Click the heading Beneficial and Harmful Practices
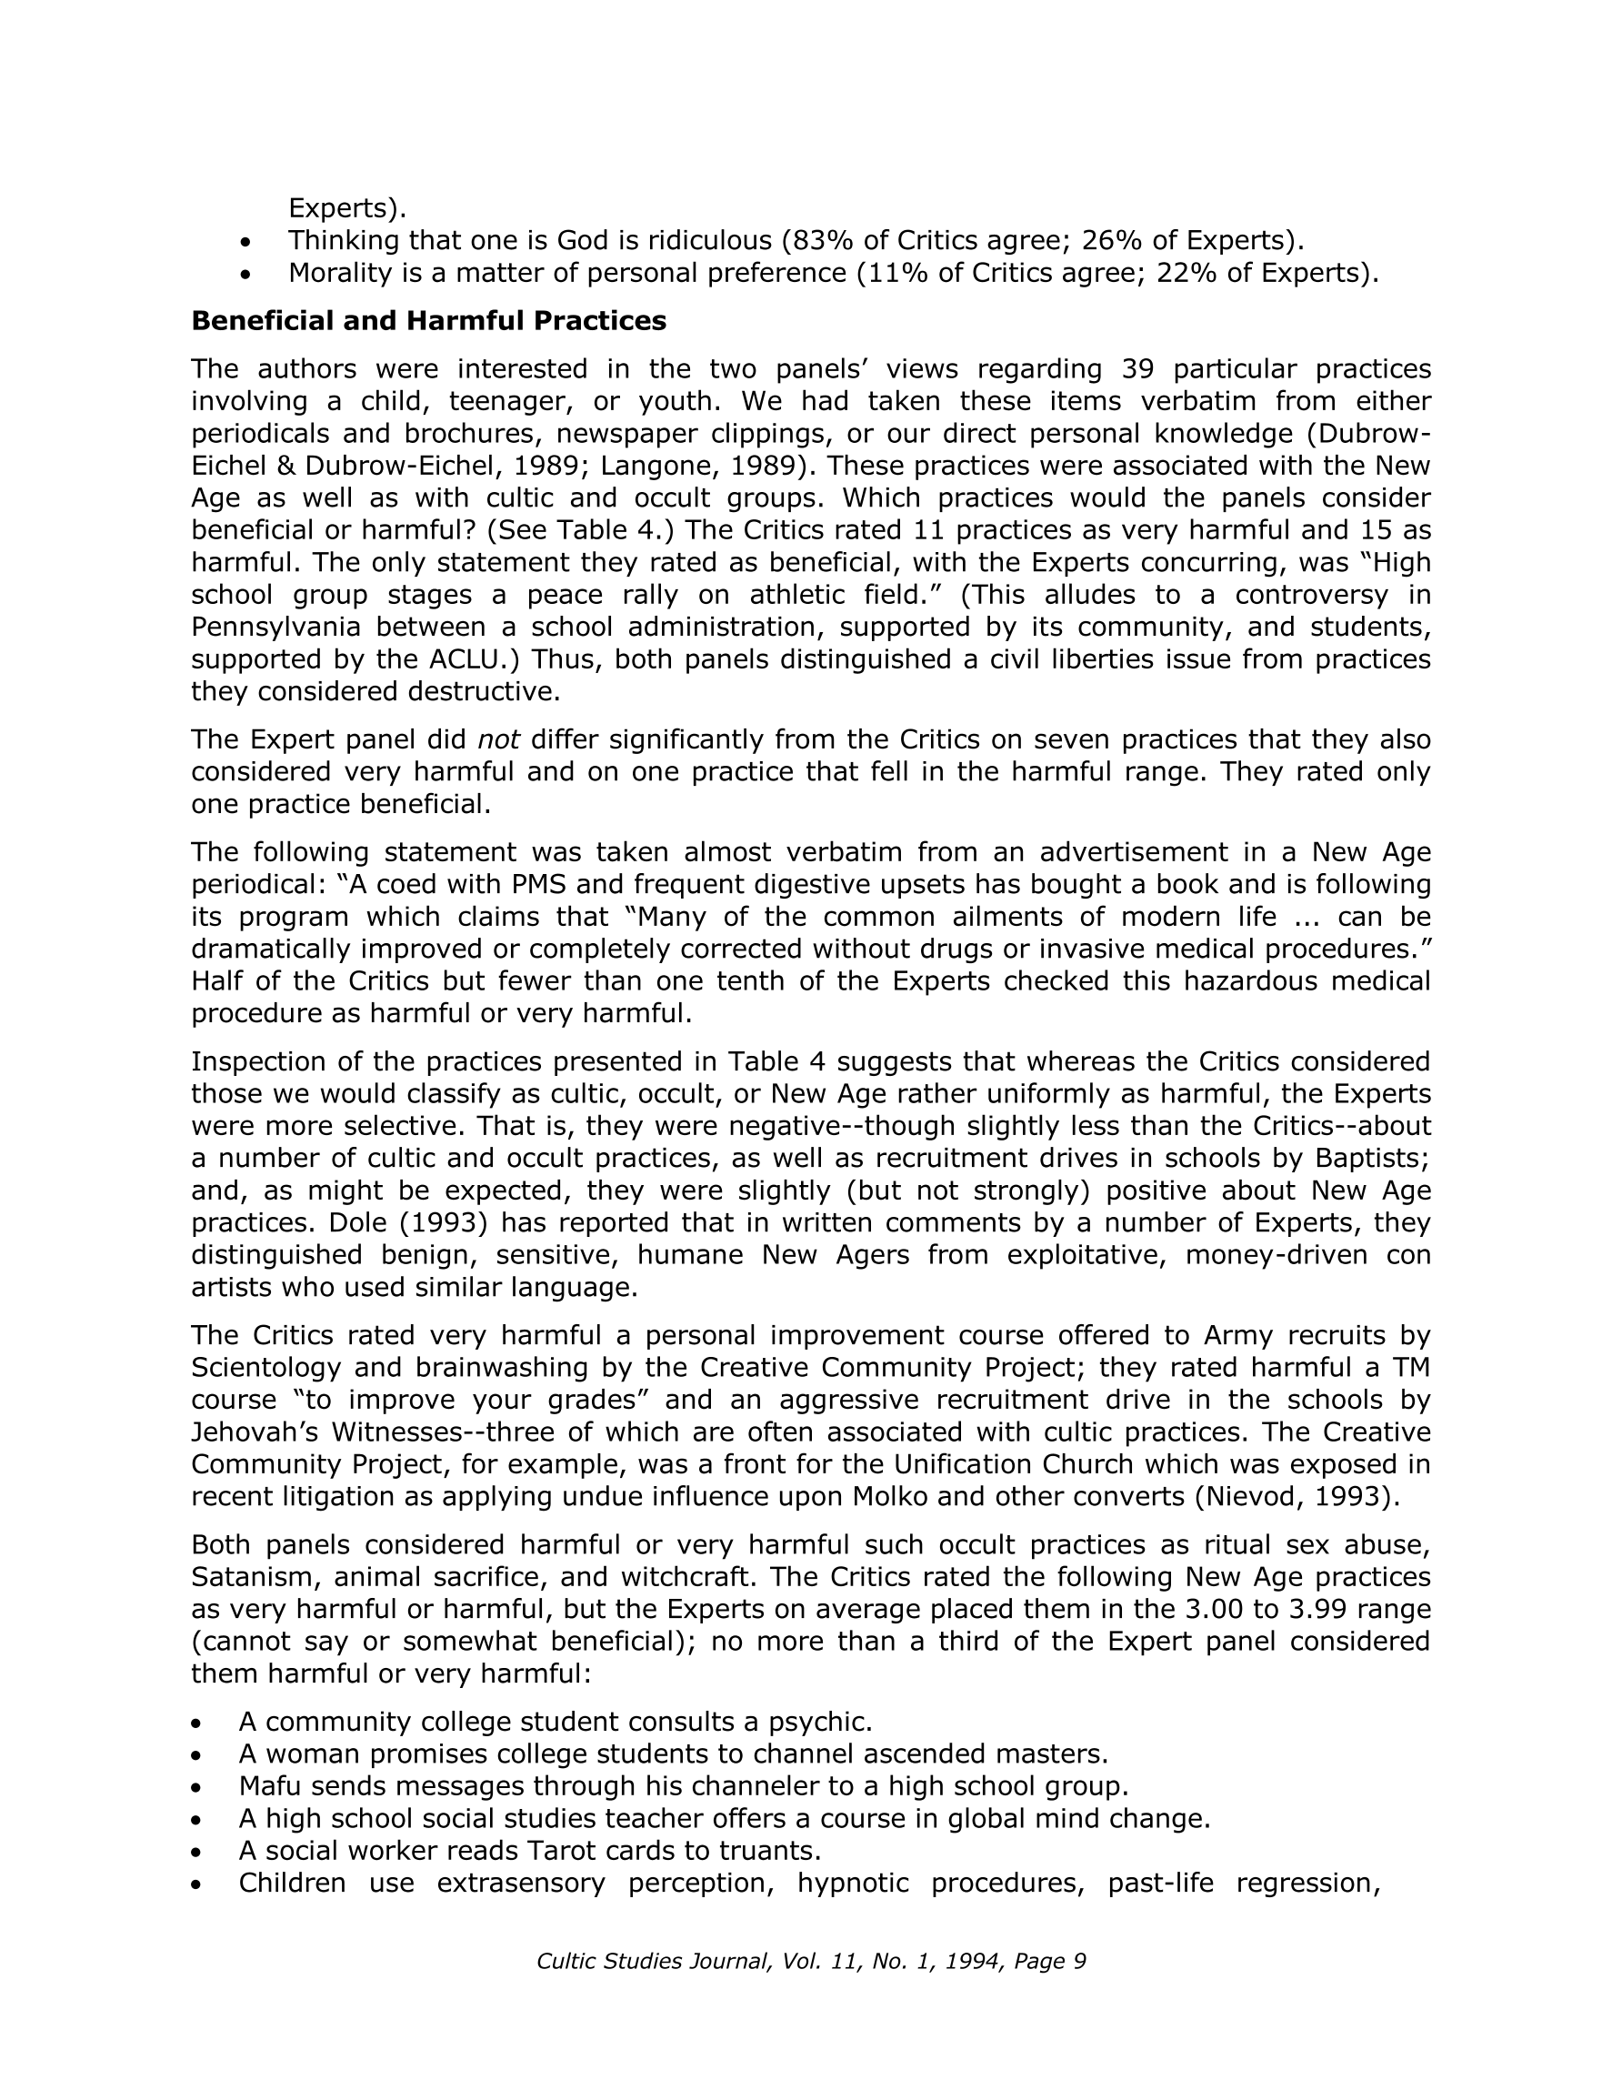pos(428,321)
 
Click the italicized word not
pos(499,739)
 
